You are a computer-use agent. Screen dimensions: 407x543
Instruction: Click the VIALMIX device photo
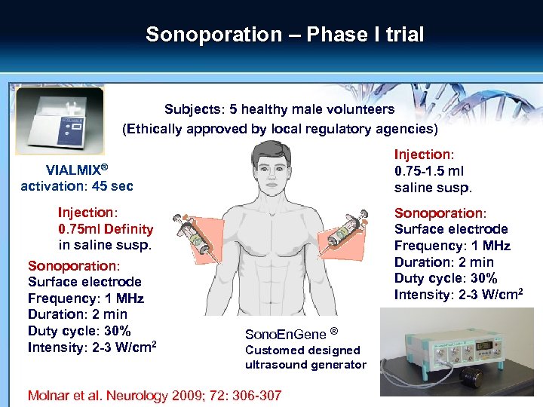[x=59, y=121]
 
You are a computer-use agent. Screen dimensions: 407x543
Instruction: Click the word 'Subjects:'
[x=192, y=109]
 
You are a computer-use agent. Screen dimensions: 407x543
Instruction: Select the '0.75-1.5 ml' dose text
[x=429, y=170]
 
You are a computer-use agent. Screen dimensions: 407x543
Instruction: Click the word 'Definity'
[x=127, y=228]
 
